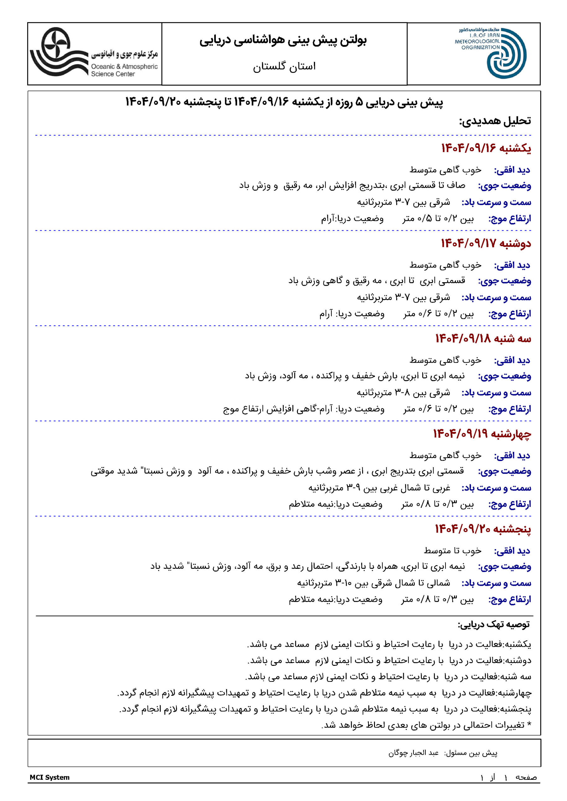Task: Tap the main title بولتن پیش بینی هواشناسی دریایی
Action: pyautogui.click(x=283, y=40)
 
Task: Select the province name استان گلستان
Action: pyautogui.click(x=284, y=66)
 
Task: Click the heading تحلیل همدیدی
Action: pyautogui.click(x=495, y=121)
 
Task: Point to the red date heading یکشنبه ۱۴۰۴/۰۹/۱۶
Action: pyautogui.click(x=486, y=148)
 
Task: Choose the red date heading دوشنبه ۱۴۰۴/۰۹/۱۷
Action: pyautogui.click(x=486, y=243)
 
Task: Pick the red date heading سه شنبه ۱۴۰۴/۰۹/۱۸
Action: pyautogui.click(x=483, y=339)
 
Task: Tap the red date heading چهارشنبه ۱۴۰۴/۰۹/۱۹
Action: pyautogui.click(x=482, y=434)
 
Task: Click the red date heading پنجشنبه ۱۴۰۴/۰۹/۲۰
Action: pyautogui.click(x=483, y=529)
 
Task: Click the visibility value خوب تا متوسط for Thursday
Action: pyautogui.click(x=452, y=550)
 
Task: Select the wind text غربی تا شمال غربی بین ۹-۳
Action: pyautogui.click(x=379, y=488)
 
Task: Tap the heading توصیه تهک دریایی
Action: pyautogui.click(x=494, y=624)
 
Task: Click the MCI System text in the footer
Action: pyautogui.click(x=49, y=777)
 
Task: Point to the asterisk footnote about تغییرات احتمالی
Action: pyautogui.click(x=426, y=725)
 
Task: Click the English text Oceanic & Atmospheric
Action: pyautogui.click(x=124, y=66)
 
